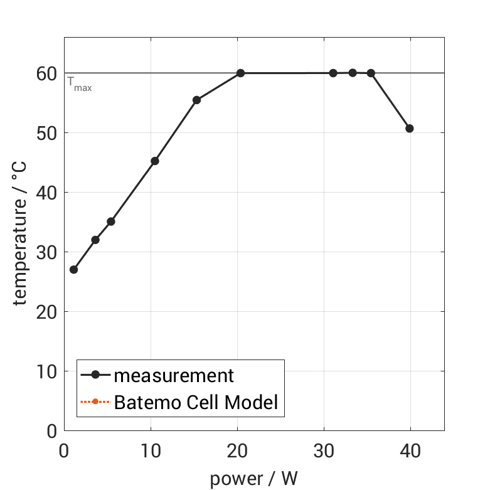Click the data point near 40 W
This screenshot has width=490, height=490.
click(x=410, y=129)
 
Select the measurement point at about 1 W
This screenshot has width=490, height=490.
click(x=73, y=270)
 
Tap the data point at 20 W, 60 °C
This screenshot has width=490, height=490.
click(x=240, y=73)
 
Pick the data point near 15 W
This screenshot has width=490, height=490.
click(x=196, y=100)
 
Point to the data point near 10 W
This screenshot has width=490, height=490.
click(x=155, y=161)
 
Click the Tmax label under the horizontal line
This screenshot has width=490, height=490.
click(x=80, y=85)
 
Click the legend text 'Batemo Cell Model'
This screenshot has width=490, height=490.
click(x=196, y=402)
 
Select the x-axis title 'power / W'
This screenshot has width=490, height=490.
click(x=253, y=479)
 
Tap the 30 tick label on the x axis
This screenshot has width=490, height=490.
click(x=324, y=452)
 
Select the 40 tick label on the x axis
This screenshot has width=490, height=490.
click(x=410, y=452)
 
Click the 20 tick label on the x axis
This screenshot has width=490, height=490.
click(x=237, y=452)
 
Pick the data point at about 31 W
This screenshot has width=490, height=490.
click(x=333, y=73)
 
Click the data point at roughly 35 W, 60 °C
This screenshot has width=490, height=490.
click(x=371, y=73)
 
